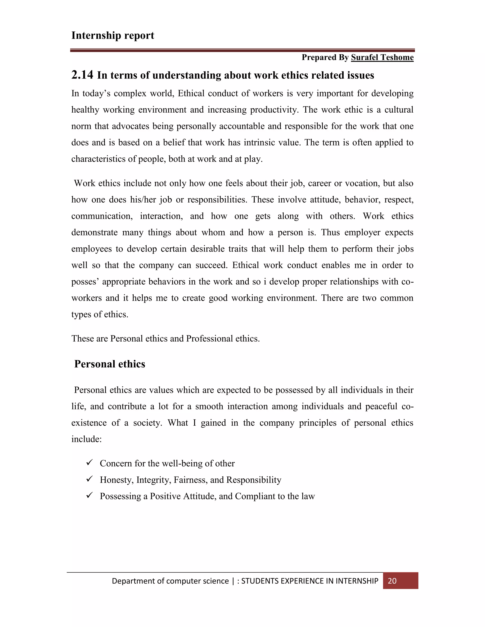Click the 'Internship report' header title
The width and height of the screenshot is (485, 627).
point(113,35)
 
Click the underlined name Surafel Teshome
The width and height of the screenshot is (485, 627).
point(382,57)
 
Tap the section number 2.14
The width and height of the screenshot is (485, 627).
point(82,75)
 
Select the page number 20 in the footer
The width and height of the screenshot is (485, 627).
point(392,581)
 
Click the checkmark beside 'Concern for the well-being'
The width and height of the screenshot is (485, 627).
point(89,463)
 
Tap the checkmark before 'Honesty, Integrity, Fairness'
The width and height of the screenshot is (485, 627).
point(89,479)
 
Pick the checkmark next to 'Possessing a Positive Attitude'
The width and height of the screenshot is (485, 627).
point(89,495)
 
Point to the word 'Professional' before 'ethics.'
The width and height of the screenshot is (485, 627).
point(209,339)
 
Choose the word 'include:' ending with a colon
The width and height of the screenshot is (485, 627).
point(86,439)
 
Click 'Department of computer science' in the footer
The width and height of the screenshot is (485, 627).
point(170,581)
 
